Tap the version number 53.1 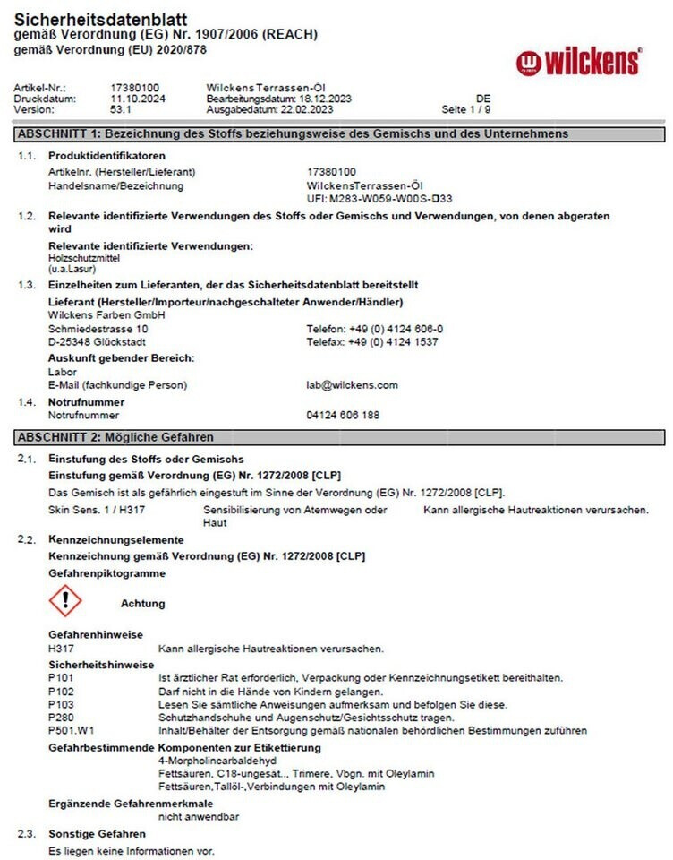pos(121,110)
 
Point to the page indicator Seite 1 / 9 pos(466,110)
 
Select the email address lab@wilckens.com pos(352,385)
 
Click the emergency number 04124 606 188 pos(343,416)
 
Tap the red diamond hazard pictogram pos(65,600)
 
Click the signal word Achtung pos(143,604)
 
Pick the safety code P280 pos(62,718)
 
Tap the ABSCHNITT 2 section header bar pos(339,437)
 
